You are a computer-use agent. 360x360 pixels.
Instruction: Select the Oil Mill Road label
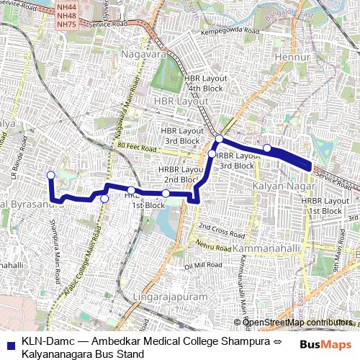tap(200, 266)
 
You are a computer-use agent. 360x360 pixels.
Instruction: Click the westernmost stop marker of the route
tap(50, 175)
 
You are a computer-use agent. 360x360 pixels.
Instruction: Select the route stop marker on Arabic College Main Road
tap(104, 199)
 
